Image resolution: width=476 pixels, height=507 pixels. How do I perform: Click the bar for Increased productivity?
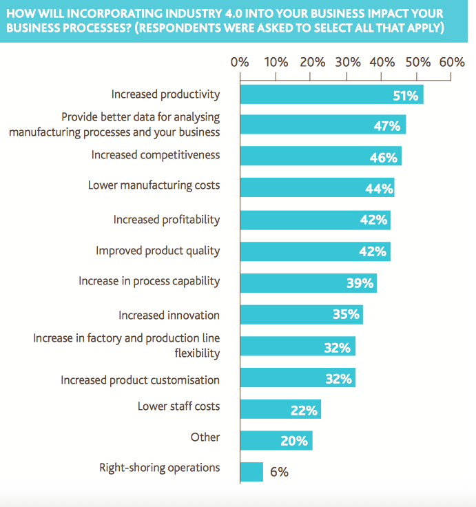pyautogui.click(x=331, y=94)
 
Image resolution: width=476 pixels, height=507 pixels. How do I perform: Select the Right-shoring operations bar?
pyautogui.click(x=251, y=472)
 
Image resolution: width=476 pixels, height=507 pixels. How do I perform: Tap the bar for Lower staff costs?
pyautogui.click(x=280, y=410)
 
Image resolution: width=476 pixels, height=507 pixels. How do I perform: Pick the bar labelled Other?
pyautogui.click(x=276, y=441)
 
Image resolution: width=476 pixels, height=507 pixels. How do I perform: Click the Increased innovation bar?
pyautogui.click(x=301, y=315)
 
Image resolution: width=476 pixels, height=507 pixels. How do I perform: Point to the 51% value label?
pyautogui.click(x=406, y=95)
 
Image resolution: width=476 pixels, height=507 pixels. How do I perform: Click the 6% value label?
pyautogui.click(x=279, y=472)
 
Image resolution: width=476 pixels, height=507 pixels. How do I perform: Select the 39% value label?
pyautogui.click(x=360, y=283)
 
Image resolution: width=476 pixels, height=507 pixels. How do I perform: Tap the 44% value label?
pyautogui.click(x=378, y=189)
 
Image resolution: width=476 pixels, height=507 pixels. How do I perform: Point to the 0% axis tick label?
pyautogui.click(x=240, y=62)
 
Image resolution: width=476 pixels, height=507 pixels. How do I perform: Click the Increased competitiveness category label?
pyautogui.click(x=156, y=154)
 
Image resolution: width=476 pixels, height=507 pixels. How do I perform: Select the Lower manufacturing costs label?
pyautogui.click(x=154, y=185)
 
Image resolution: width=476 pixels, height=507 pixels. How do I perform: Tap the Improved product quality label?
pyautogui.click(x=158, y=250)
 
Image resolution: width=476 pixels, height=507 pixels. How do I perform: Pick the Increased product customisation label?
pyautogui.click(x=140, y=380)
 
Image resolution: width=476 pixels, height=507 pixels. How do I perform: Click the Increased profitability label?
pyautogui.click(x=167, y=219)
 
